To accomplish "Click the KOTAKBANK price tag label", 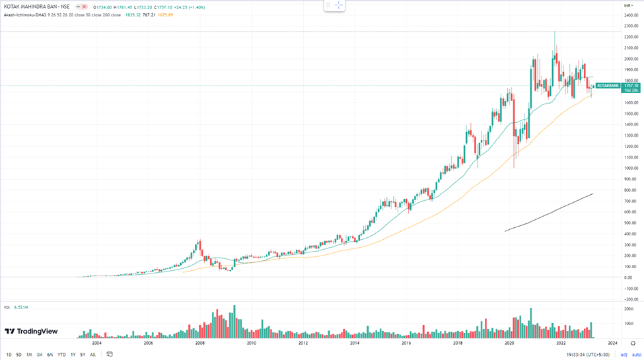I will pos(608,86).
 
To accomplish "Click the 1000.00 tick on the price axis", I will pos(630,168).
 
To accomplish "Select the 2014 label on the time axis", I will pos(355,343).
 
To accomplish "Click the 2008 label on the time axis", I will pos(200,343).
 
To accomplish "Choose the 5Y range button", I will pos(83,355).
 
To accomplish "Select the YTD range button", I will pos(61,355).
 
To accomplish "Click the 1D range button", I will pos(9,355).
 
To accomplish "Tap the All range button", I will pos(93,355).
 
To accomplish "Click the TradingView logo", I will pos(31,332).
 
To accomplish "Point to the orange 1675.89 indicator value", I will pos(165,15).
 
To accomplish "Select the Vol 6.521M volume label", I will pos(16,307).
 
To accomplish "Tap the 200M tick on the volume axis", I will pos(629,309).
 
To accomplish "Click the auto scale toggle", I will pos(636,355).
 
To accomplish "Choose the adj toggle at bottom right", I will pos(624,355).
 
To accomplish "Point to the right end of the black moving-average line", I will pos(592,194).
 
